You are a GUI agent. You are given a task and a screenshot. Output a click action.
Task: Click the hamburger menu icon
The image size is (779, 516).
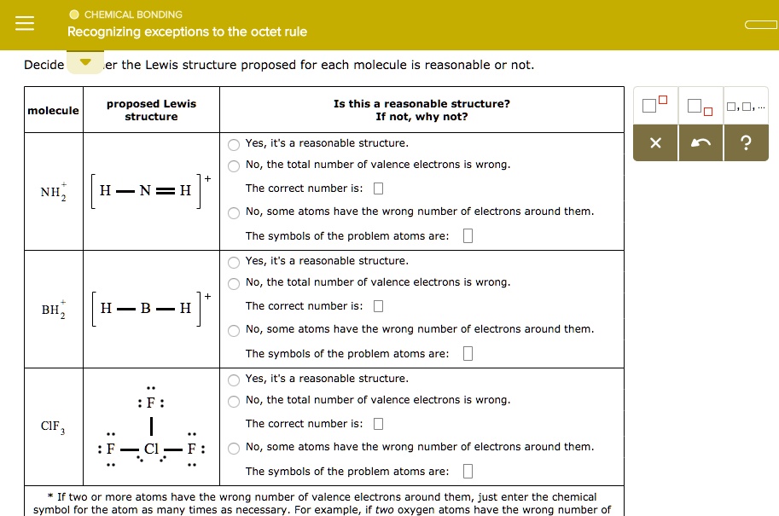pos(24,24)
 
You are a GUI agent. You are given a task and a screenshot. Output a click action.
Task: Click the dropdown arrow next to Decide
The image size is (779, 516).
pos(85,63)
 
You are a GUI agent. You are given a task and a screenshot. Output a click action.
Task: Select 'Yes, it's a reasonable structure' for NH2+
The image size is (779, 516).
pos(234,144)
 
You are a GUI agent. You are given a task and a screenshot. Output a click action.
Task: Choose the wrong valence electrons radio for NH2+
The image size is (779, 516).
pos(234,165)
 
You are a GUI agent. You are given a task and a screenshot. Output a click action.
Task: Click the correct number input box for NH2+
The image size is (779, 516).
pos(378,188)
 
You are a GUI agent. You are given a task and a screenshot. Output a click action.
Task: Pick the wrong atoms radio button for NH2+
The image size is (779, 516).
pos(234,212)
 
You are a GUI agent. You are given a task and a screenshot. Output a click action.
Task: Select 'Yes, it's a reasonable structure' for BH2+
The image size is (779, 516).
pos(234,262)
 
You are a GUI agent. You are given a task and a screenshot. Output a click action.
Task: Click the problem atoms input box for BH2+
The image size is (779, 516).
pos(467,354)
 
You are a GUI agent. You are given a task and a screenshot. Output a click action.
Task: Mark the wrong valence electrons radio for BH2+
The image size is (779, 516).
pos(234,283)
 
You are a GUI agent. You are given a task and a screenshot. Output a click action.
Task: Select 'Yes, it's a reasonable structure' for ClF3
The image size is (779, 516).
pos(234,380)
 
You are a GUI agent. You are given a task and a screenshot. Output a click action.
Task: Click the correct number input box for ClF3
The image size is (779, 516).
pos(378,424)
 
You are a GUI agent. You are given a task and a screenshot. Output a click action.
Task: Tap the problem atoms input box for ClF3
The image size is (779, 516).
pos(467,472)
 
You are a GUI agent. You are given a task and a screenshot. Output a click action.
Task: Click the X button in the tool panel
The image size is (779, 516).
pos(654,143)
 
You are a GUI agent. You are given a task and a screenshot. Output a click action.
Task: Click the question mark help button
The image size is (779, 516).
pos(747,143)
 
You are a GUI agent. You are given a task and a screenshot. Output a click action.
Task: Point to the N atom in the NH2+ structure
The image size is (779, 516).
pos(146,191)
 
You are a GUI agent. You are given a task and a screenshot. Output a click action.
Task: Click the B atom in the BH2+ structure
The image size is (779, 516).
pos(146,309)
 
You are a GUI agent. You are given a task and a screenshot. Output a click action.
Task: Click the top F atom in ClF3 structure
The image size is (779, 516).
pos(151,403)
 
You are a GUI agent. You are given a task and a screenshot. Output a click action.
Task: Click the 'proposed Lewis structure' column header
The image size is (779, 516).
pos(151,110)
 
